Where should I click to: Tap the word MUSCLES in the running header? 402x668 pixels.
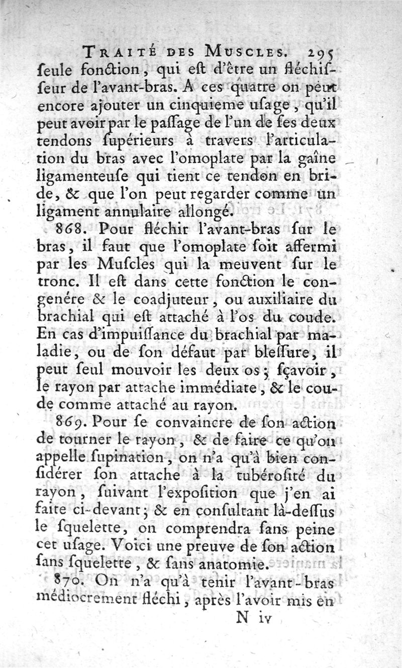pos(242,51)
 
